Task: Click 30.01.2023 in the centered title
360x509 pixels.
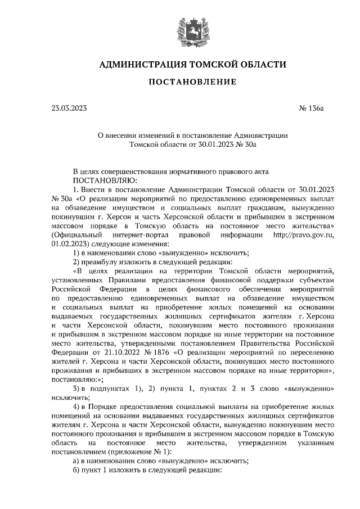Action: [x=213, y=144]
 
